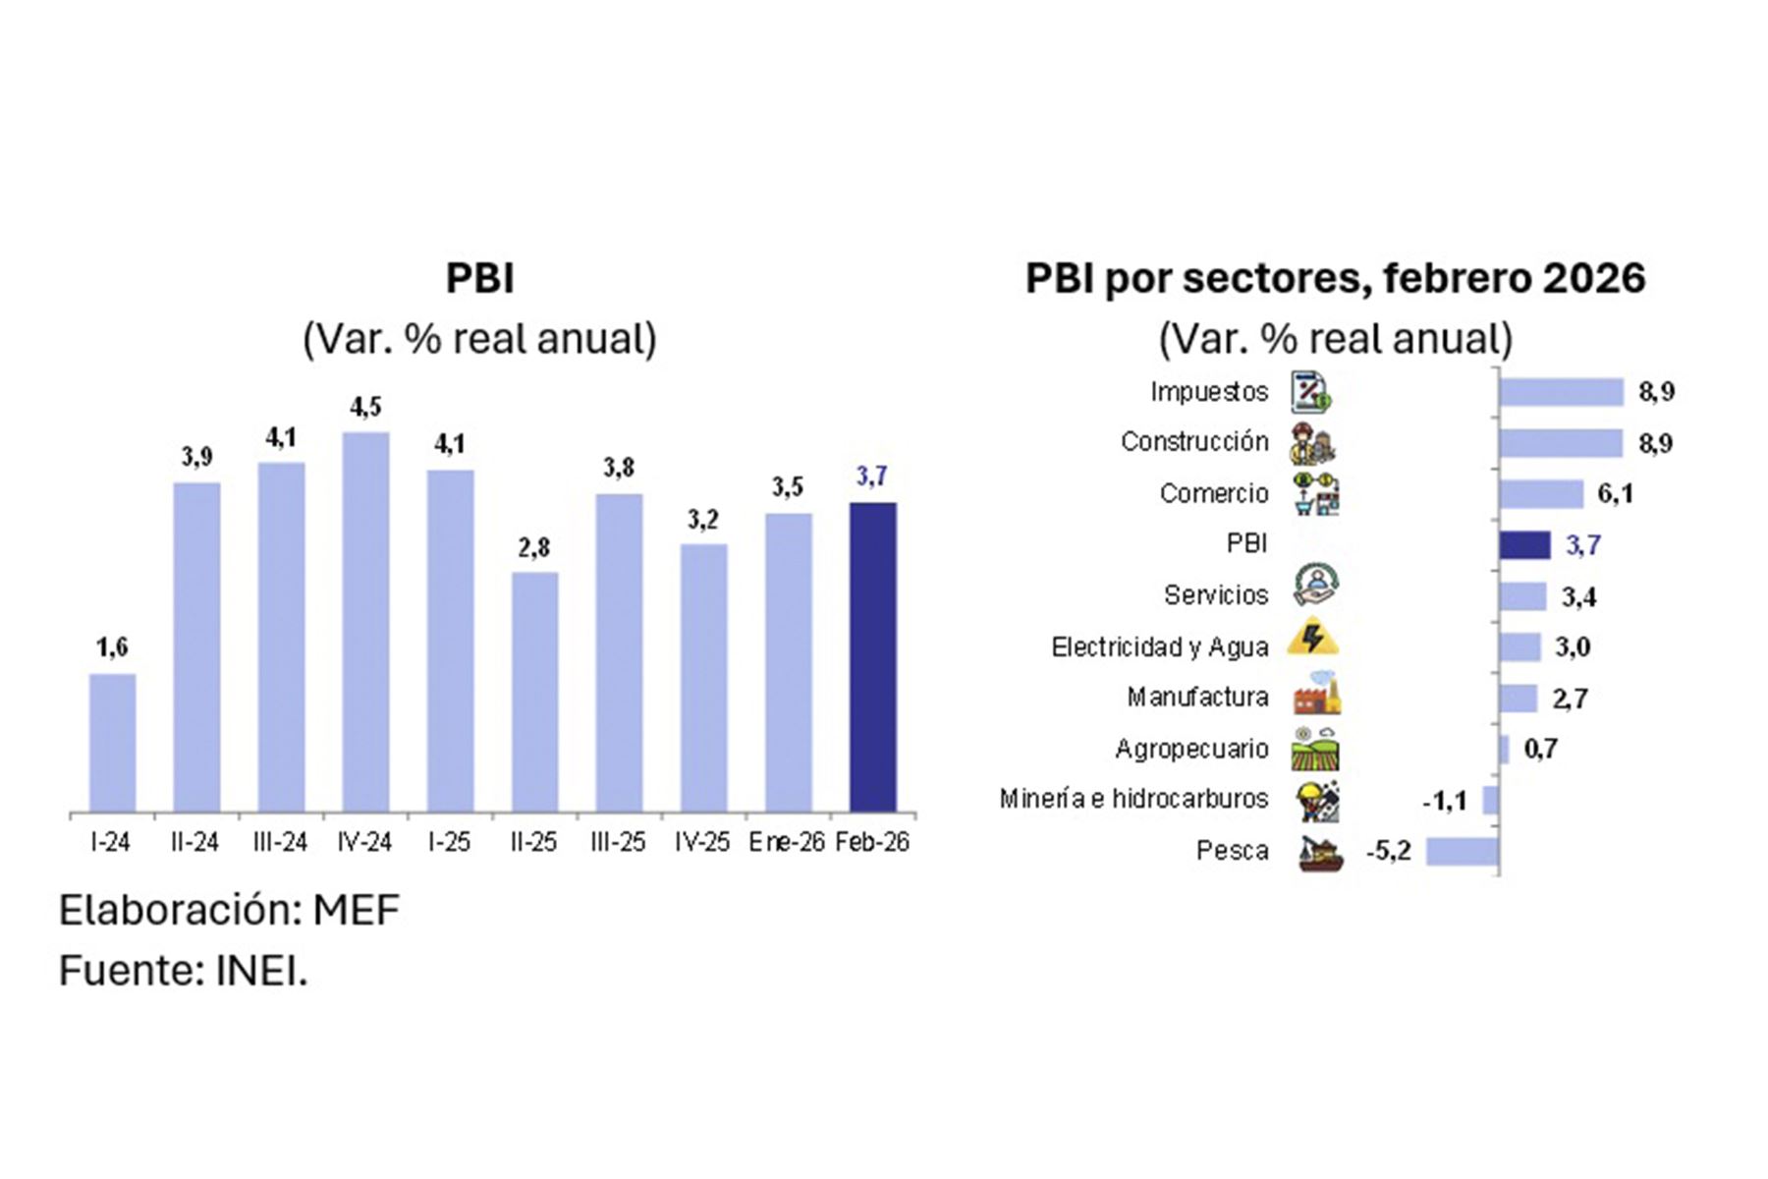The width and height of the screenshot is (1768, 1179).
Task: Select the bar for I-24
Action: point(112,743)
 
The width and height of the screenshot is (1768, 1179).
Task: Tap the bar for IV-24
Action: point(365,621)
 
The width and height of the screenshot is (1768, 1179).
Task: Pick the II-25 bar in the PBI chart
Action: point(534,692)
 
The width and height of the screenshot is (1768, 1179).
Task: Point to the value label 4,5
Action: point(365,407)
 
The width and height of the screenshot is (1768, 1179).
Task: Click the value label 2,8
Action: point(534,547)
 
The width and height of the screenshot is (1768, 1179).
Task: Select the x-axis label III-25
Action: point(618,842)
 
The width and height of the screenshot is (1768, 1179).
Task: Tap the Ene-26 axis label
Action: point(786,842)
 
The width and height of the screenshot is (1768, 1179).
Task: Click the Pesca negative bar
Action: point(1462,851)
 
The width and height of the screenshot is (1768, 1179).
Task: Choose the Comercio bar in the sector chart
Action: point(1540,493)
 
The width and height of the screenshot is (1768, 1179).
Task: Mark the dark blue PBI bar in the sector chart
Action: point(1524,545)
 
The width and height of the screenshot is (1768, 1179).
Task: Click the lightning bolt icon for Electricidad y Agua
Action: point(1312,637)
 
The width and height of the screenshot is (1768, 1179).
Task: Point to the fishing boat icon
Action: point(1316,853)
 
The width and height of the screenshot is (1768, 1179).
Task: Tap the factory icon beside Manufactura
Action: point(1316,694)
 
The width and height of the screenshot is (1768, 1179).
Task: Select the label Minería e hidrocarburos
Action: point(1133,799)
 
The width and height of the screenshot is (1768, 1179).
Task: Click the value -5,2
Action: point(1388,851)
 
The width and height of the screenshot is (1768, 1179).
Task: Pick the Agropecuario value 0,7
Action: point(1540,749)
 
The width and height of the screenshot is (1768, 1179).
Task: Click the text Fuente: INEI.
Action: point(184,971)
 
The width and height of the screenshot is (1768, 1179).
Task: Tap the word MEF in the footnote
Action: point(356,910)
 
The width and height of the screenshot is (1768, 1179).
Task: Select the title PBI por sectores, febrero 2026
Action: point(1335,278)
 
